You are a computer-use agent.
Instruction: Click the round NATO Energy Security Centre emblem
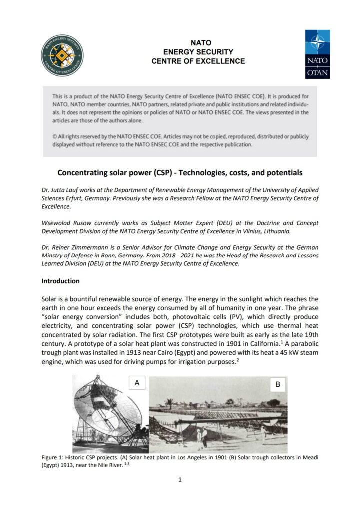coord(62,55)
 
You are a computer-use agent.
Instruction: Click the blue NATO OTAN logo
coord(317,54)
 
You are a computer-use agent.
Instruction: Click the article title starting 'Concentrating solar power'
coord(180,173)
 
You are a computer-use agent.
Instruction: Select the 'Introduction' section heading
coord(60,281)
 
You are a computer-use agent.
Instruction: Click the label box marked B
coord(277,384)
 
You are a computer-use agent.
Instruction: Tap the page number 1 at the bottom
coord(180,480)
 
